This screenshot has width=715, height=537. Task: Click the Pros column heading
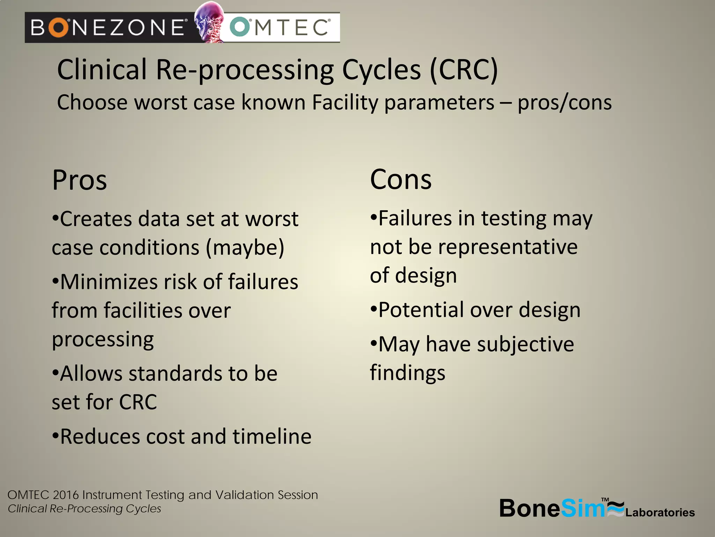pos(80,180)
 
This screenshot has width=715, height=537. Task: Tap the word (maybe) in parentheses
pos(245,248)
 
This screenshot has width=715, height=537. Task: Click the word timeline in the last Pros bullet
pos(272,437)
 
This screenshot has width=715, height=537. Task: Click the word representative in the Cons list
pos(508,247)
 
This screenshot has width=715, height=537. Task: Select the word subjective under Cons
pos(525,344)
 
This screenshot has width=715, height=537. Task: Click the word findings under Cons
pos(407,373)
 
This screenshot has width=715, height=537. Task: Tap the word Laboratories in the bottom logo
pos(660,513)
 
